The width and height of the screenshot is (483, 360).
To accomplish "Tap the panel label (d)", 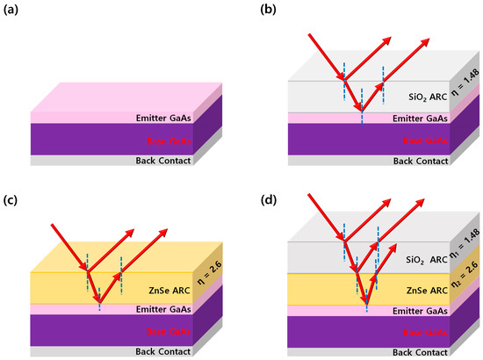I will coord(259,195).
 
